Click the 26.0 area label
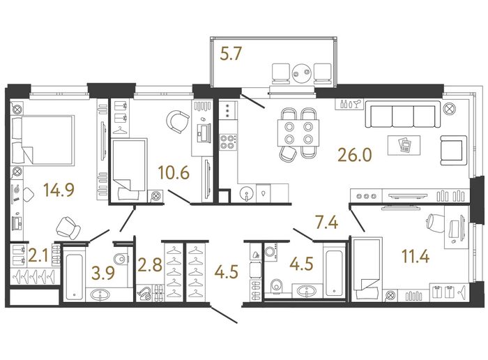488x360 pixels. [x=355, y=155]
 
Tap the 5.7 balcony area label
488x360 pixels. [x=231, y=54]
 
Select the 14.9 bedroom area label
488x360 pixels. [x=59, y=190]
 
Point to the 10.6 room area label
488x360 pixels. [x=174, y=172]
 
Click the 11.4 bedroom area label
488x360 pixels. [x=415, y=257]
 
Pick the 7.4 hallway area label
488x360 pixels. [x=326, y=223]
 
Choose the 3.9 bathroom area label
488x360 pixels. [x=103, y=273]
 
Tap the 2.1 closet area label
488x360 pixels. [x=38, y=256]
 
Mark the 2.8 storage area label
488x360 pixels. [x=151, y=265]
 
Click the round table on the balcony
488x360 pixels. [x=302, y=73]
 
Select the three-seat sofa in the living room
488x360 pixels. [x=403, y=114]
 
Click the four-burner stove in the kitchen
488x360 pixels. [x=227, y=142]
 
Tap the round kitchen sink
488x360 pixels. [x=247, y=193]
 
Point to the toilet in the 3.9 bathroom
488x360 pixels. [x=121, y=258]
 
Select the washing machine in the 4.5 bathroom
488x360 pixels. [x=271, y=252]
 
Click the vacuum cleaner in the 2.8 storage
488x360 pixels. [x=144, y=293]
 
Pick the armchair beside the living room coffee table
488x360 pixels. [x=453, y=150]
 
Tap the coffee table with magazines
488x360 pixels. [x=404, y=145]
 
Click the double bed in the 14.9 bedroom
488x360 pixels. [x=43, y=140]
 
